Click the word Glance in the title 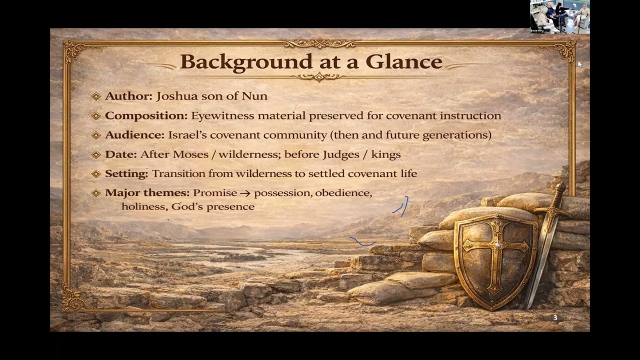pos(403,61)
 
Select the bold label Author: pos(128,96)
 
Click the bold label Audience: pos(134,135)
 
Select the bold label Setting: pos(126,173)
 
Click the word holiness pos(143,206)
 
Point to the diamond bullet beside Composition pos(96,115)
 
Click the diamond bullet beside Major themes pos(96,193)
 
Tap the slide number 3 pos(555,318)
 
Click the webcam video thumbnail pos(559,17)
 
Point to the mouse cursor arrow pos(580,64)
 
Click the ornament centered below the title pos(319,76)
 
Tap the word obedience pos(342,193)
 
